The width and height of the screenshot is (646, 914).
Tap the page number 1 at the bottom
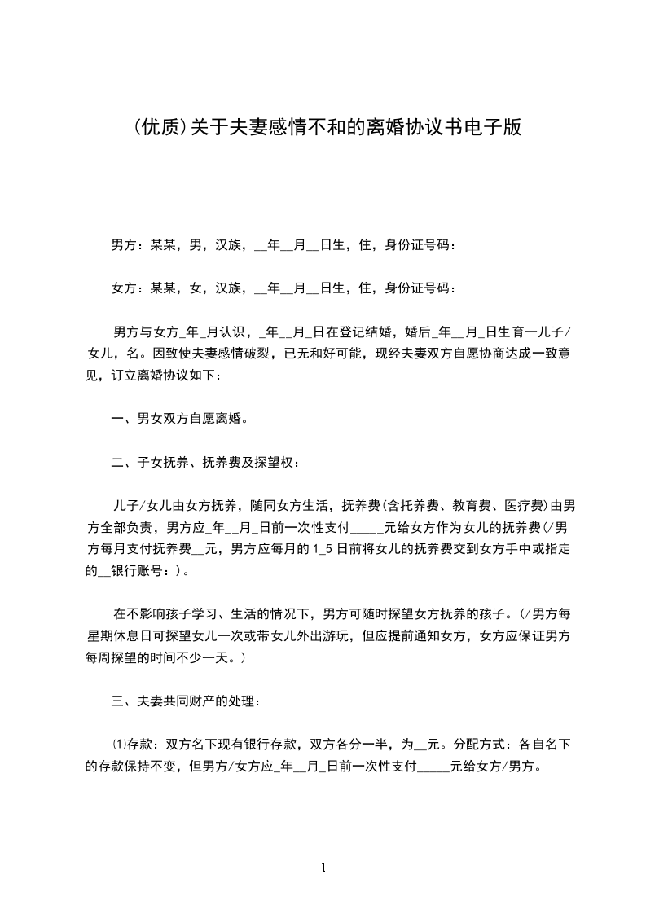click(323, 868)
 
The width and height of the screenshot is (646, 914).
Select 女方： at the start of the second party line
click(125, 288)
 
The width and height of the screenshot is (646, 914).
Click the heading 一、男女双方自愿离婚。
click(179, 420)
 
